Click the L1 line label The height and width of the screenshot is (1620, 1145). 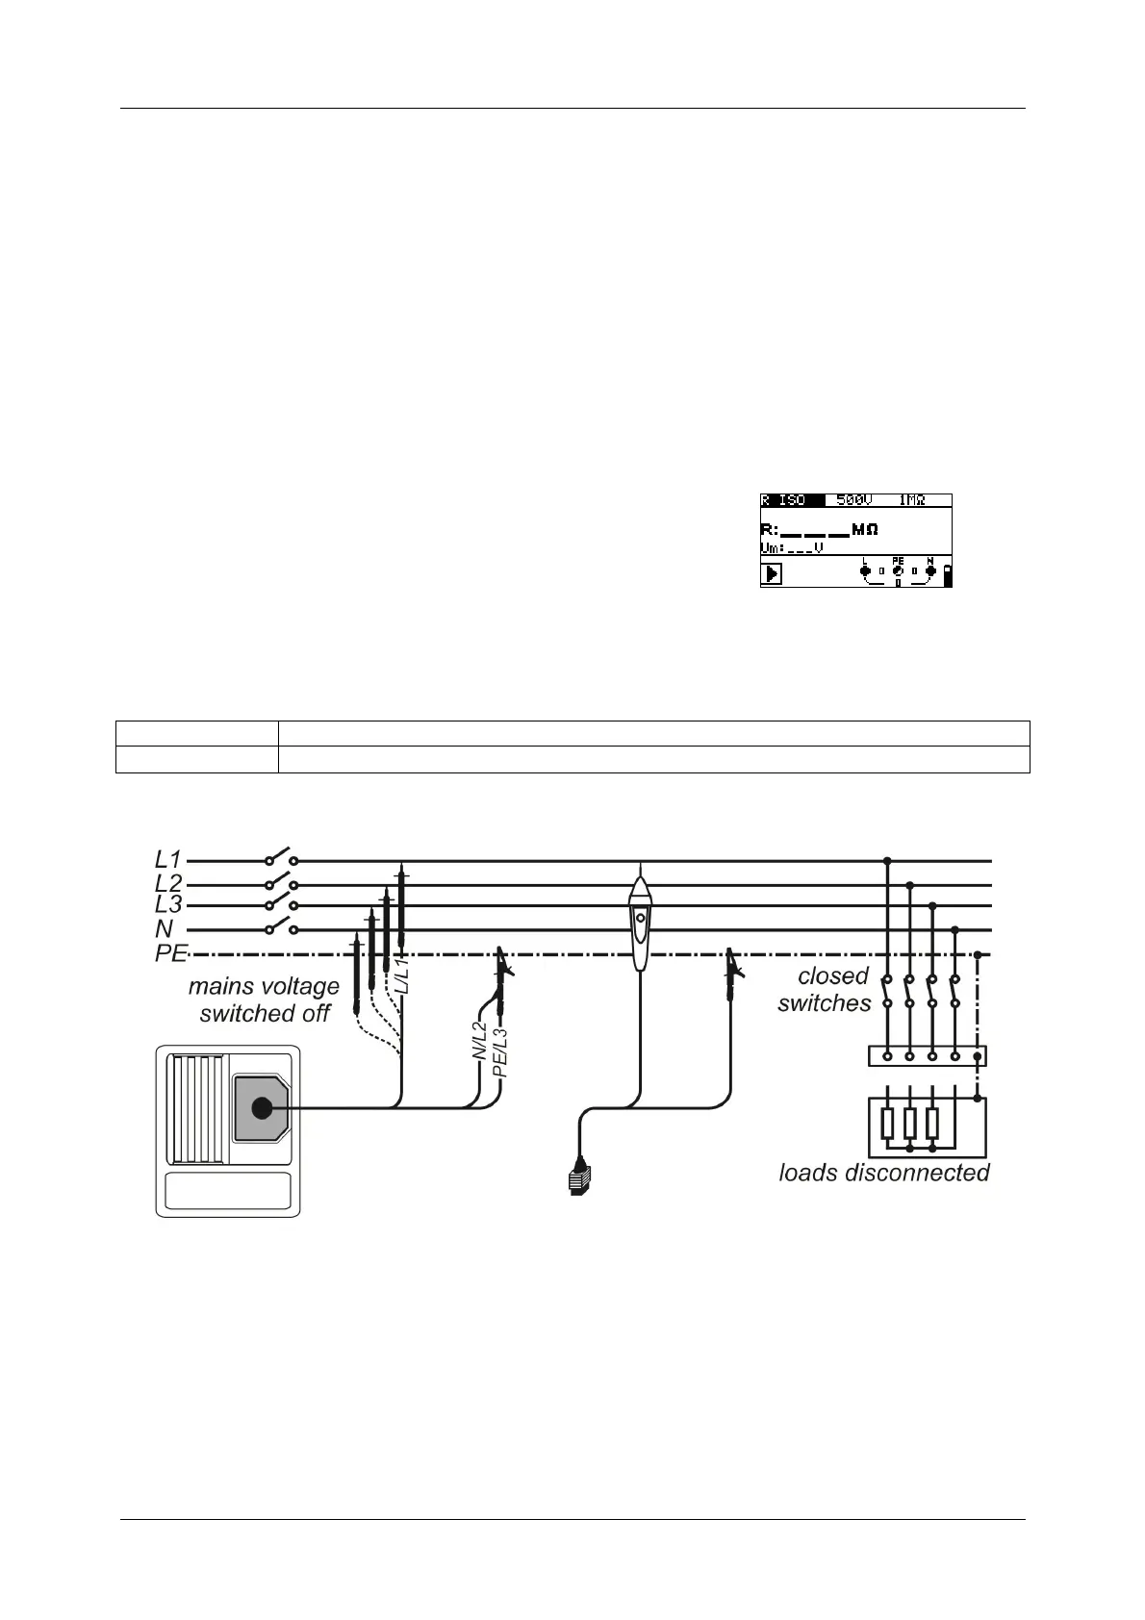[x=168, y=858]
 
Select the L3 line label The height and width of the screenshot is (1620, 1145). [x=168, y=905]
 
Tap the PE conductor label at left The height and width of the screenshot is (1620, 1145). [x=170, y=955]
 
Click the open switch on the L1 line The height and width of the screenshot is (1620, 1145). [x=281, y=857]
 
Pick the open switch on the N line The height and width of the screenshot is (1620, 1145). [x=281, y=926]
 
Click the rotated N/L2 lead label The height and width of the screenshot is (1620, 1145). [x=479, y=1042]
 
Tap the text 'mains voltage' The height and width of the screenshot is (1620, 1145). [x=264, y=986]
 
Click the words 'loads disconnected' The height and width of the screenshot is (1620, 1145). [x=884, y=1173]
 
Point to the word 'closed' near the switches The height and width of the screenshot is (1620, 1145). [x=833, y=975]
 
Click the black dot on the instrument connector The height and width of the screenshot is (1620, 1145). [x=261, y=1108]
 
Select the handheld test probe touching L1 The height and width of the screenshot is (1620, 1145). [x=639, y=919]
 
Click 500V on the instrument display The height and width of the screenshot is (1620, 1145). [x=854, y=500]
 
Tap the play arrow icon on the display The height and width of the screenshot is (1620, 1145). [x=772, y=574]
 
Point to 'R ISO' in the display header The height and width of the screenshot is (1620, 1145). [x=784, y=500]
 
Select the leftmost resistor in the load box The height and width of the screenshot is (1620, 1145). [x=886, y=1123]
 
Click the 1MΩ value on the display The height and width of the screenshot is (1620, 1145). [x=912, y=500]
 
